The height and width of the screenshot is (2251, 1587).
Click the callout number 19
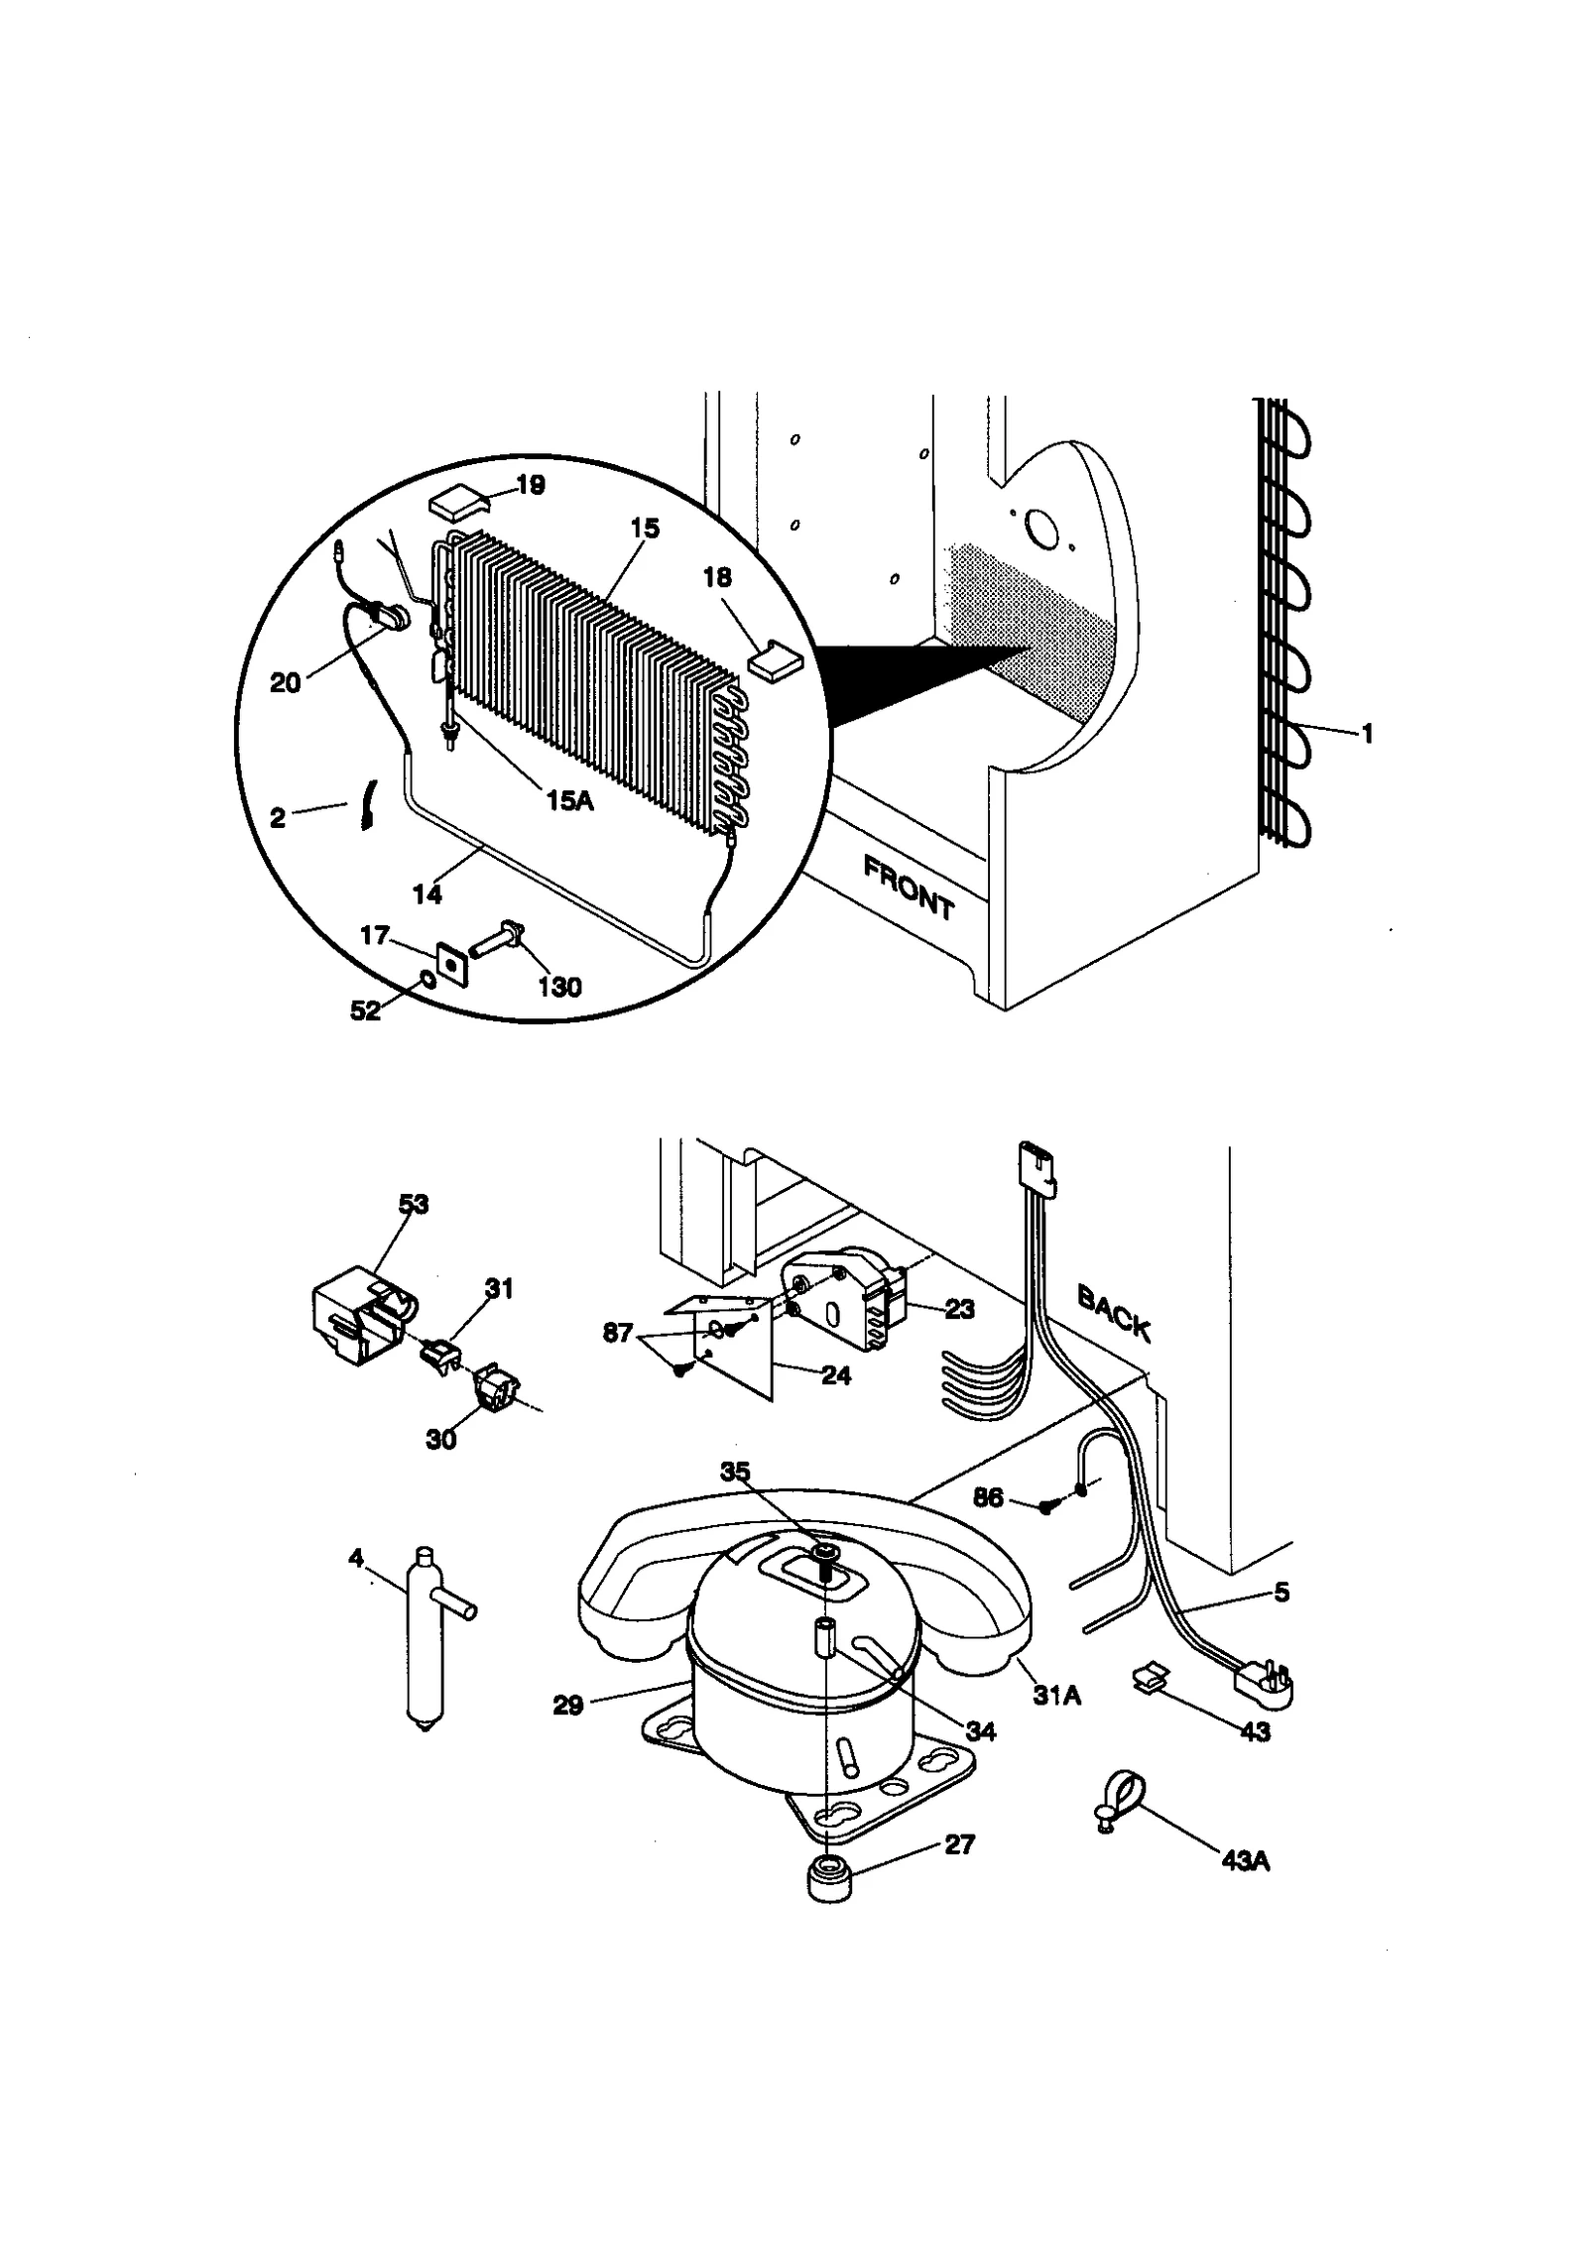point(531,485)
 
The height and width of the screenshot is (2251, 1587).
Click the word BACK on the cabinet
point(1114,1314)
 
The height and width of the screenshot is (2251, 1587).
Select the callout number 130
point(559,987)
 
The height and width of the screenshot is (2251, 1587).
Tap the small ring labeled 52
point(427,981)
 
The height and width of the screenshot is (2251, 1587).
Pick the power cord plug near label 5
point(1263,1686)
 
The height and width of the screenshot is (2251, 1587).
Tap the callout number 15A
point(569,800)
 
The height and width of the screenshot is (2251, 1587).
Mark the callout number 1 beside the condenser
point(1367,734)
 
